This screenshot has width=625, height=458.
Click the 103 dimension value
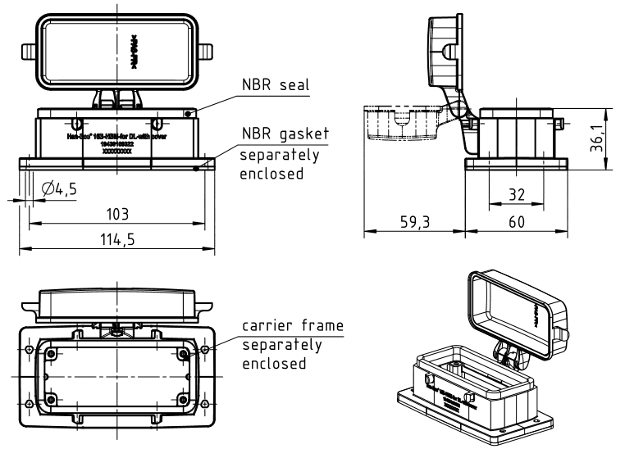(x=117, y=214)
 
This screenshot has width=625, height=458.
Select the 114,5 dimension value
(x=118, y=239)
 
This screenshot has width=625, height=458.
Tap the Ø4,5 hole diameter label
(x=58, y=189)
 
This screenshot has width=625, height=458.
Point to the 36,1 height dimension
(x=604, y=138)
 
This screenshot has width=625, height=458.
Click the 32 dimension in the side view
(x=515, y=195)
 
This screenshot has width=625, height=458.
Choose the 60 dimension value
(x=516, y=222)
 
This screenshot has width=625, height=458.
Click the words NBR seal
(x=273, y=85)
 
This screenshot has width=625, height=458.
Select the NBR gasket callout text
(x=285, y=134)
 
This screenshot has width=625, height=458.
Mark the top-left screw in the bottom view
(x=52, y=353)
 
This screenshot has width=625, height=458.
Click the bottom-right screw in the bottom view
(x=184, y=400)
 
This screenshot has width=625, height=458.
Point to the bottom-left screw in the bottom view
(x=52, y=400)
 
